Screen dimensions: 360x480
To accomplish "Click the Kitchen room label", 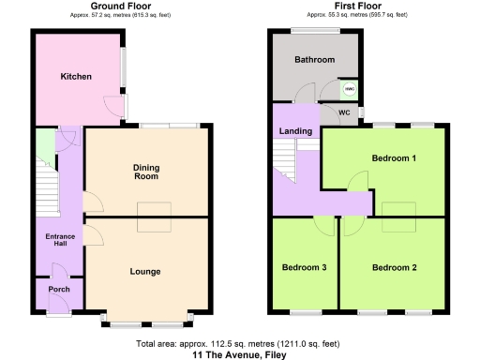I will [x=76, y=76].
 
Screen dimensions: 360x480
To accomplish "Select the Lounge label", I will [x=145, y=271].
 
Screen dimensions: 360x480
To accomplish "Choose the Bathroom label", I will [x=313, y=60].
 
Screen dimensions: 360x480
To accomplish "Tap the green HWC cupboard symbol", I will [x=349, y=90].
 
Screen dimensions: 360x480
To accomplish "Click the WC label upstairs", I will [x=343, y=113].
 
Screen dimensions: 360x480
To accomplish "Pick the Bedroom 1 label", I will [x=394, y=157].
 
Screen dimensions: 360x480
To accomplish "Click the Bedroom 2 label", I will [x=394, y=267].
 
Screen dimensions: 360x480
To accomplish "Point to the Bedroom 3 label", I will [x=304, y=267].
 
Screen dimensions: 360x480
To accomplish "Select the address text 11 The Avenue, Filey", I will [x=238, y=355].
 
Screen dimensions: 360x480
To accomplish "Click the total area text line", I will [x=238, y=343].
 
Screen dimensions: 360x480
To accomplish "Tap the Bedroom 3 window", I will [x=304, y=309].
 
